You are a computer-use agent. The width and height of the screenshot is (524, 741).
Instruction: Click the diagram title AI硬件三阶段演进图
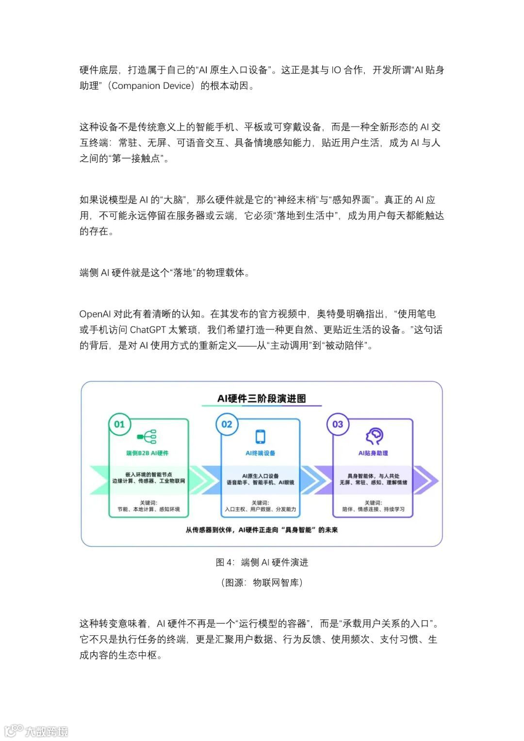[x=262, y=399]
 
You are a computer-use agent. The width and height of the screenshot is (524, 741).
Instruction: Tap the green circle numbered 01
[x=119, y=424]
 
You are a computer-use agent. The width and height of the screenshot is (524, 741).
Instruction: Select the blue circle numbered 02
[x=227, y=424]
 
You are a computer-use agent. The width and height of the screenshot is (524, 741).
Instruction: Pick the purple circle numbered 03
[x=338, y=424]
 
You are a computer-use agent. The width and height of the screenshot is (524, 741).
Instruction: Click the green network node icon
[x=147, y=436]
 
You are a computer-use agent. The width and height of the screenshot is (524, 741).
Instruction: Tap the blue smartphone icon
[x=261, y=436]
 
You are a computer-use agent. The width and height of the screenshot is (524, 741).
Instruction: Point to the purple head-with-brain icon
[x=374, y=436]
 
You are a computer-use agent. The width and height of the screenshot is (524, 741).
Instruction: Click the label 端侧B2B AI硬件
[x=147, y=453]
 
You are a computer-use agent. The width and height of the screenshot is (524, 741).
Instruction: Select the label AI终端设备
[x=261, y=453]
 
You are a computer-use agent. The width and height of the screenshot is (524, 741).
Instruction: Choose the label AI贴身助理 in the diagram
[x=373, y=453]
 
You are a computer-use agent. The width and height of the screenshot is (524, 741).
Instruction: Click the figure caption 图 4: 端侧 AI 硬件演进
[x=262, y=562]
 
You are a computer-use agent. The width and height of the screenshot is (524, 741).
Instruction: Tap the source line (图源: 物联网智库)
[x=262, y=582]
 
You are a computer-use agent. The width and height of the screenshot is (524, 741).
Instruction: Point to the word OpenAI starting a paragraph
[x=95, y=314]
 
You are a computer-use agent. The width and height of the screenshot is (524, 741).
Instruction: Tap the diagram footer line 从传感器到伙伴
[x=262, y=530]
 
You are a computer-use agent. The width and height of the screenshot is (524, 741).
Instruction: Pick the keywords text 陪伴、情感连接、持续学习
[x=373, y=509]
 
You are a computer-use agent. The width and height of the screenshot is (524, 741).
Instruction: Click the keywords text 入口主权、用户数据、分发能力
[x=261, y=509]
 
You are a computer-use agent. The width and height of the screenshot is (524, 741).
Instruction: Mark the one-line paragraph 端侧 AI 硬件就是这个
[x=165, y=273]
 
